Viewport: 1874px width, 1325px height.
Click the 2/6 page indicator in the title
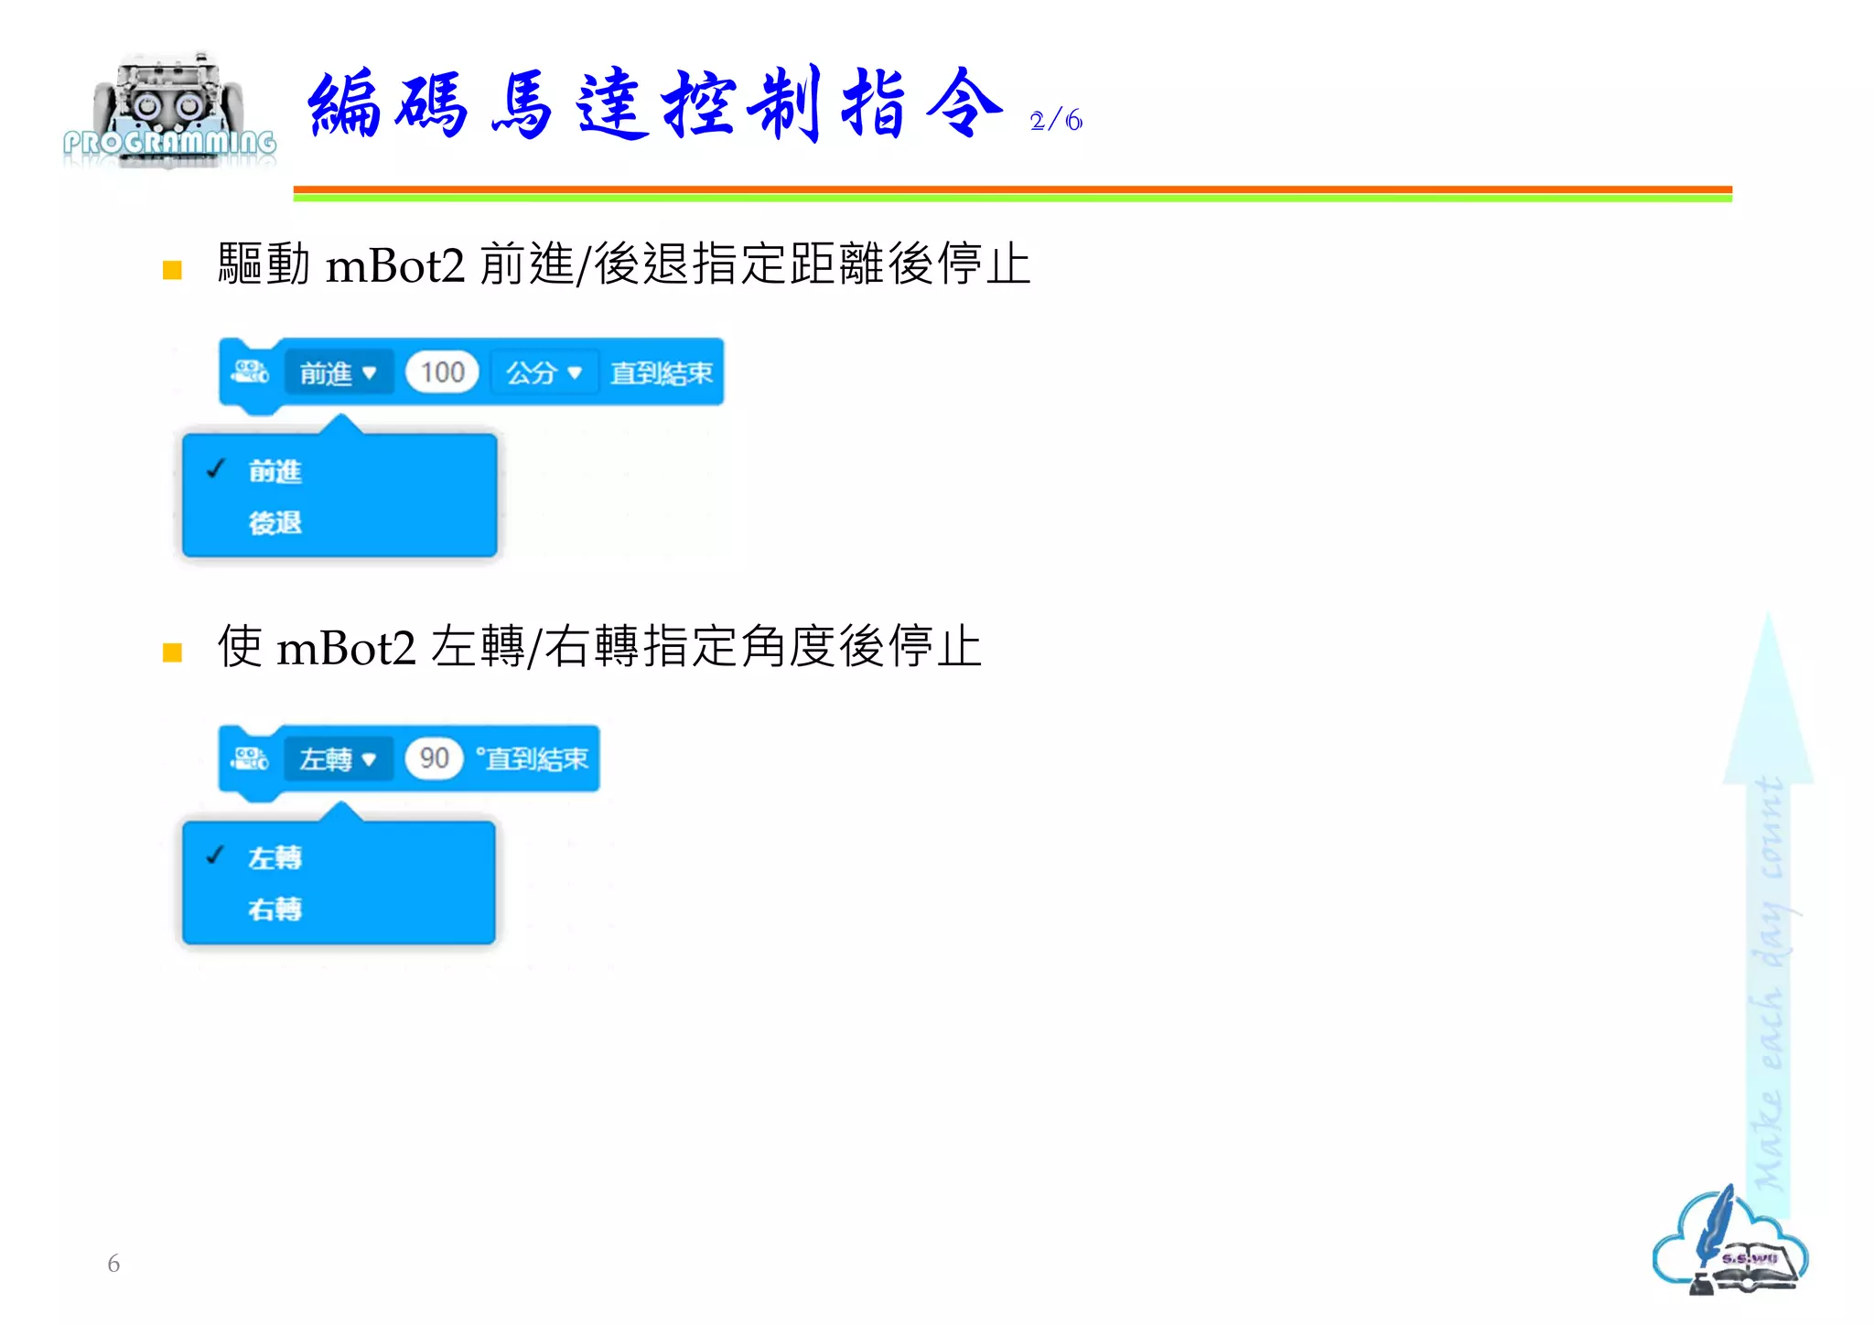pyautogui.click(x=1055, y=121)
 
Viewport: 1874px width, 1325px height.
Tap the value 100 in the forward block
pyautogui.click(x=442, y=372)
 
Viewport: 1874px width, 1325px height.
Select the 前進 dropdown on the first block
pyautogui.click(x=338, y=373)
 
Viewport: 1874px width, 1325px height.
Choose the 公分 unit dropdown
pyautogui.click(x=544, y=373)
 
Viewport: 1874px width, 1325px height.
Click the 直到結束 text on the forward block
pyautogui.click(x=661, y=373)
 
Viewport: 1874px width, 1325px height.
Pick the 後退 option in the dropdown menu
pyautogui.click(x=275, y=523)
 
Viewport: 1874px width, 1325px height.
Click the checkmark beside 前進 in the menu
pyautogui.click(x=216, y=469)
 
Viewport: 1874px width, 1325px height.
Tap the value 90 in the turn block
pyautogui.click(x=434, y=759)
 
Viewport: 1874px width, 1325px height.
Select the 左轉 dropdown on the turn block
pyautogui.click(x=338, y=759)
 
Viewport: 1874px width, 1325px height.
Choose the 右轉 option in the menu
pyautogui.click(x=275, y=910)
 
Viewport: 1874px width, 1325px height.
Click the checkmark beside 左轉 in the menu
pyautogui.click(x=216, y=856)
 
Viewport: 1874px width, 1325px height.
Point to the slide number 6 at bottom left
pyautogui.click(x=113, y=1264)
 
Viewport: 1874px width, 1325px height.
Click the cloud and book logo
pyautogui.click(x=1729, y=1243)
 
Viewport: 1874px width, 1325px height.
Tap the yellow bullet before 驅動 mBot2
pyautogui.click(x=172, y=270)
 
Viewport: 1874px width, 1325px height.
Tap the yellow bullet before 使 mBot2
pyautogui.click(x=172, y=652)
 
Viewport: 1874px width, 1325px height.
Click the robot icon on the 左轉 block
pyautogui.click(x=250, y=759)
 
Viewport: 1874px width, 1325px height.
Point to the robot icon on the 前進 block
pyautogui.click(x=250, y=372)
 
